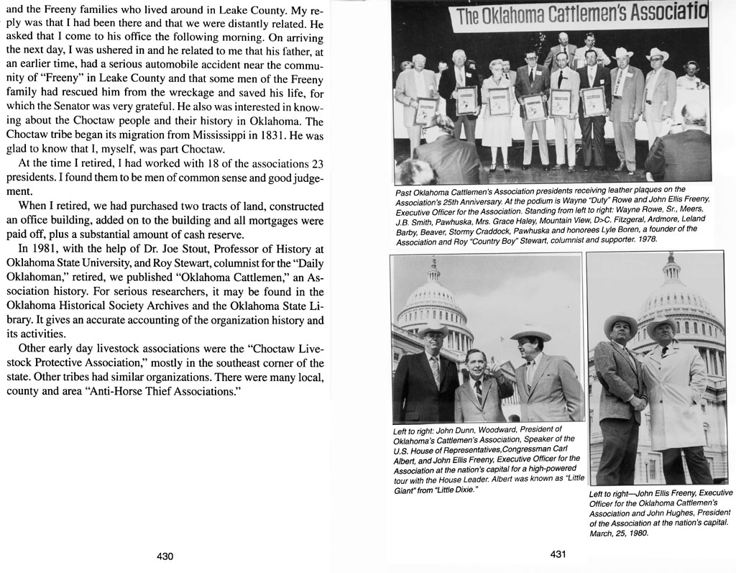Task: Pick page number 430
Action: click(x=165, y=556)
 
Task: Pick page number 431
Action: click(x=559, y=554)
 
